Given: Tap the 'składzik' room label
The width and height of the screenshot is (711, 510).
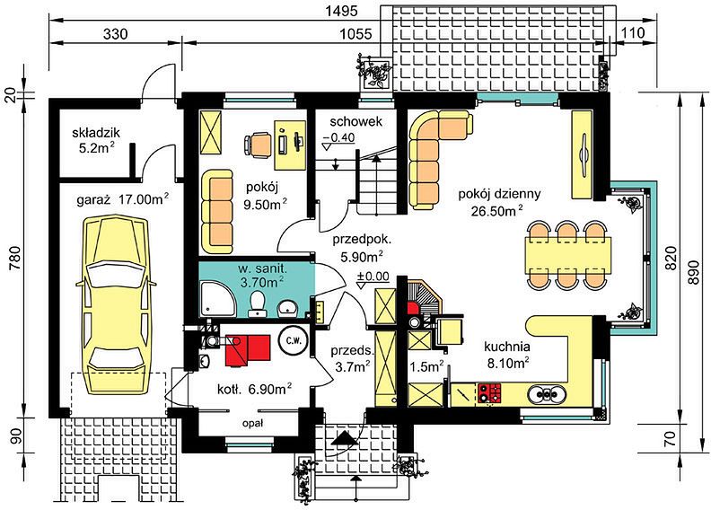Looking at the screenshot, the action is [96, 133].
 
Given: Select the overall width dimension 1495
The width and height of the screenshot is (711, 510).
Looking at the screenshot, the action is [342, 11].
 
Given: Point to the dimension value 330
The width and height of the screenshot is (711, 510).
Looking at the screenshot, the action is [116, 33].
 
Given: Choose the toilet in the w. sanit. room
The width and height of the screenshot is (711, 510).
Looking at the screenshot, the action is [258, 303].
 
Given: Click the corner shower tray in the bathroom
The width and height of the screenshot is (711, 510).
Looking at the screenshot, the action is [217, 298].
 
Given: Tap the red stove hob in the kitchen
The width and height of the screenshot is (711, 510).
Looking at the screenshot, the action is [489, 393].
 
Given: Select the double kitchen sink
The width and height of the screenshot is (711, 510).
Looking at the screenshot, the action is [547, 394].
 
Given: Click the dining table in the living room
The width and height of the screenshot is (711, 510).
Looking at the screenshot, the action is [567, 255].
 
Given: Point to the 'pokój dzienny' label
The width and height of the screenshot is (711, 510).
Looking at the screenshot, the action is [499, 195].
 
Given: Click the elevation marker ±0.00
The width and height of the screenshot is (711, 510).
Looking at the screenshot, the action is [373, 276].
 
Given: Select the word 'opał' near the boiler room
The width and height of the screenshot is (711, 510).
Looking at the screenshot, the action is [252, 424].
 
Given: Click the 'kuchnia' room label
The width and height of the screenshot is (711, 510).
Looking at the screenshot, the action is [507, 347].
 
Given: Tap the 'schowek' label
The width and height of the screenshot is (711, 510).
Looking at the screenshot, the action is [356, 121].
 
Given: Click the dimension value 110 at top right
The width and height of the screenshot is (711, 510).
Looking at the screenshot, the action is [633, 32].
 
